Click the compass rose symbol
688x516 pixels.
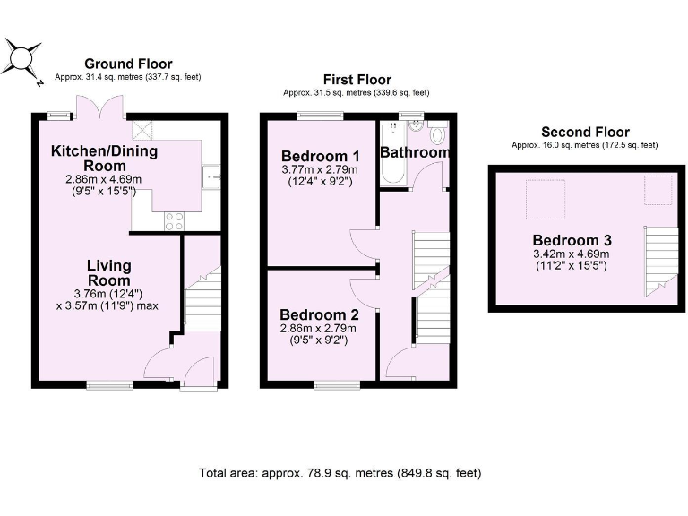[21, 61]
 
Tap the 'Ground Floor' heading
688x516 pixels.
[128, 64]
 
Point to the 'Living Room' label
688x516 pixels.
[109, 273]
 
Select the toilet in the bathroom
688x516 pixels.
[437, 134]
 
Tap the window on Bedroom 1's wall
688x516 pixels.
[320, 115]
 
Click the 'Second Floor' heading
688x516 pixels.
[583, 132]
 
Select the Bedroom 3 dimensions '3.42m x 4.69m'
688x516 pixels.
[572, 254]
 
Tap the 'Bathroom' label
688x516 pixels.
[414, 153]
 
